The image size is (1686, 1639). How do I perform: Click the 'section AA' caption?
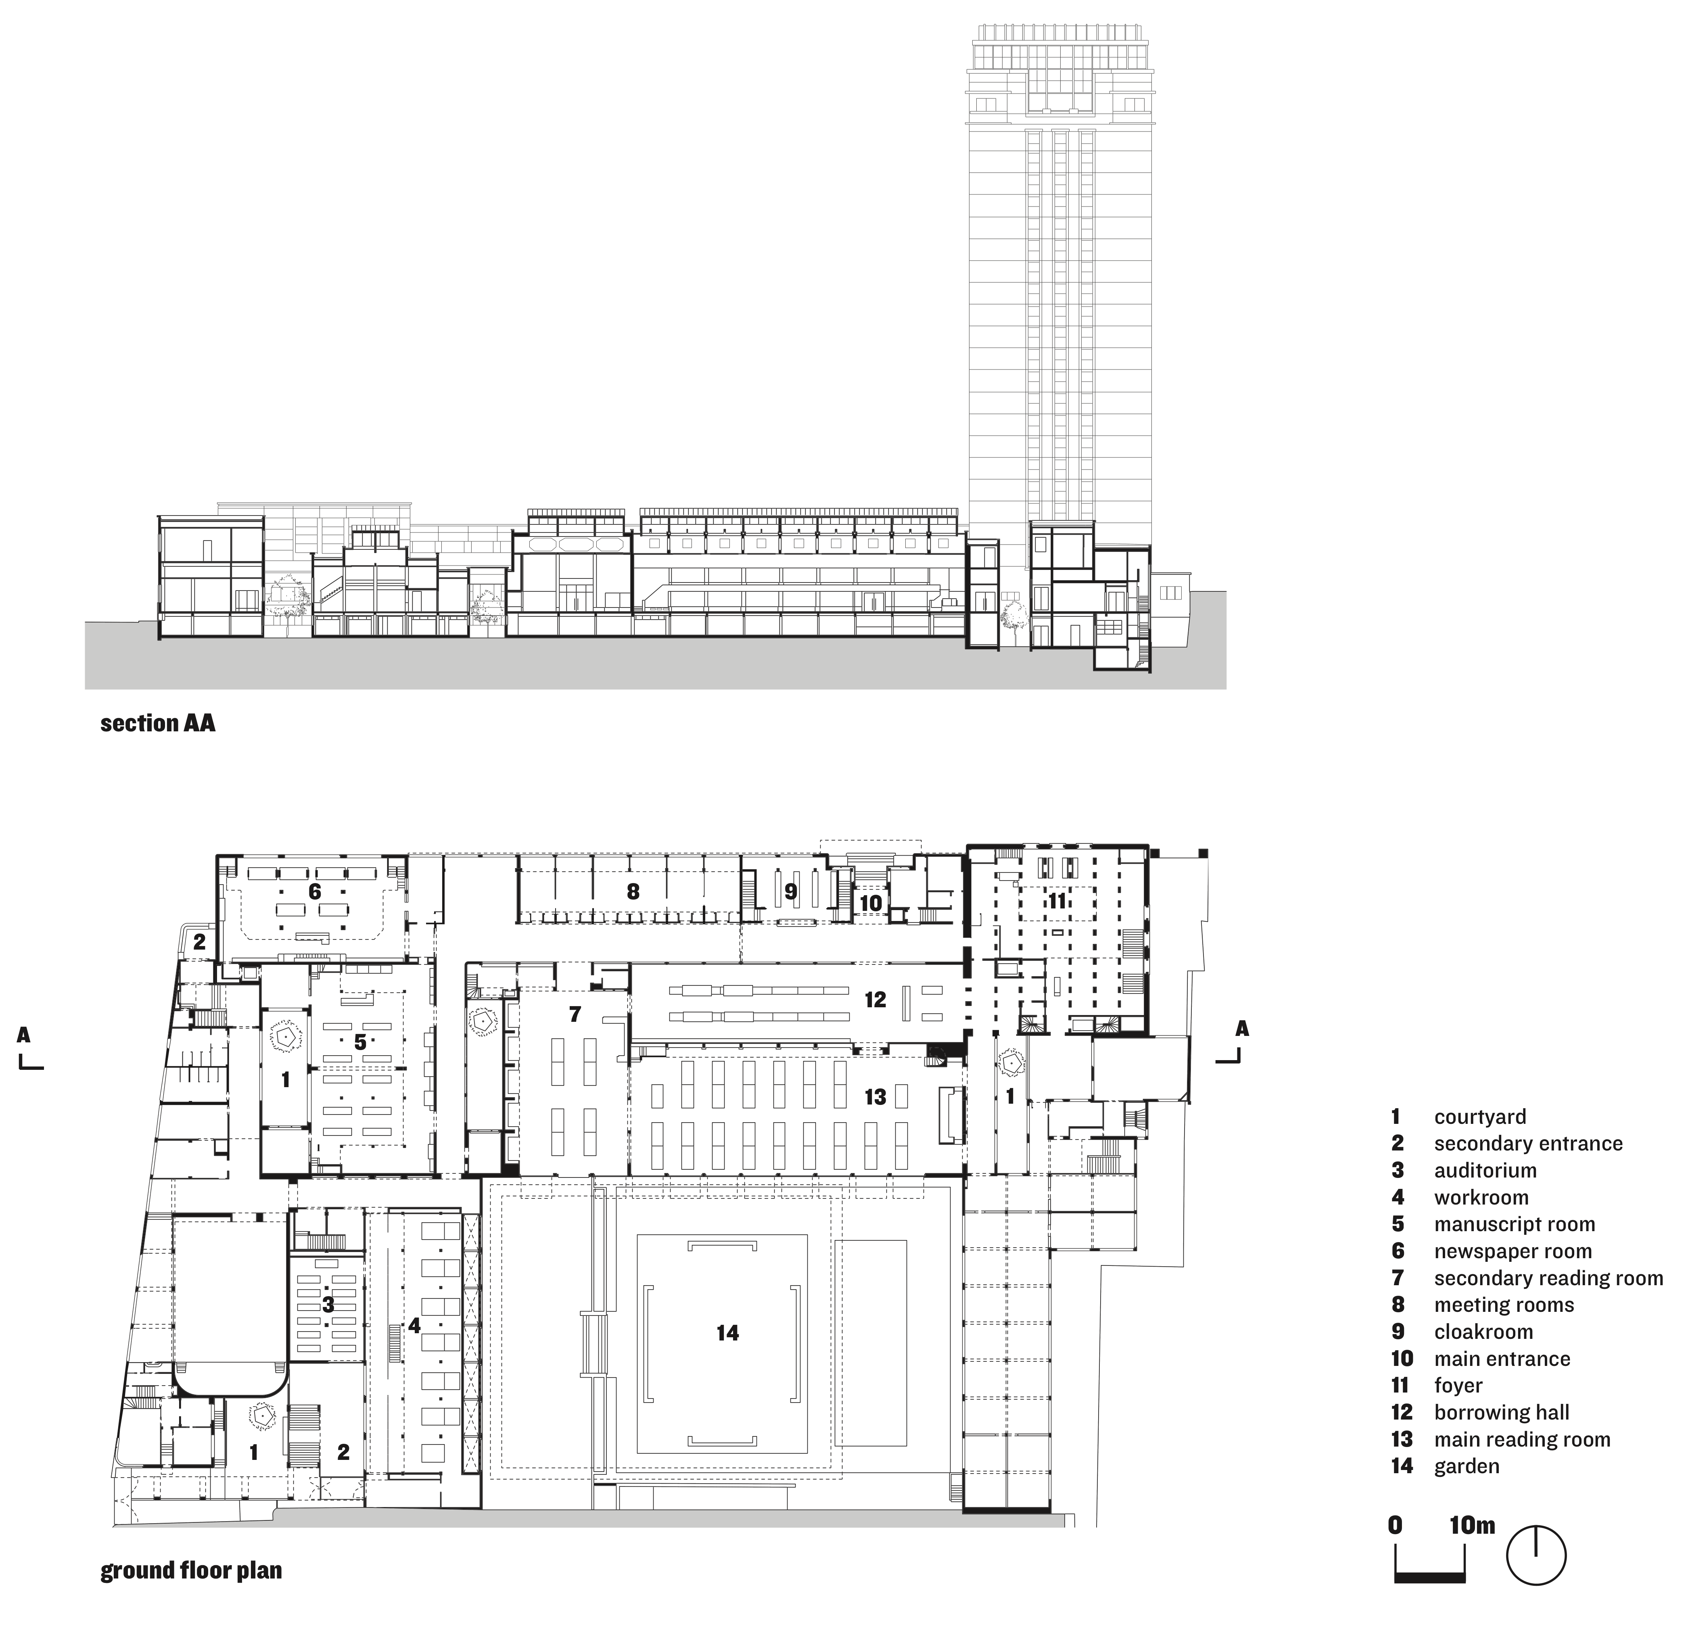158,723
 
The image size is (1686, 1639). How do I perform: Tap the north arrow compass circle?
1536,1580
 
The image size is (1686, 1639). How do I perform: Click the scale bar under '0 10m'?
1429,1577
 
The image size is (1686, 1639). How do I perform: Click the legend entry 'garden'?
1467,1466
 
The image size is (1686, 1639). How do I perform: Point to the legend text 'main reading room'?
1521,1439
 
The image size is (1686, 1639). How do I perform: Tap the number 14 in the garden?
728,1332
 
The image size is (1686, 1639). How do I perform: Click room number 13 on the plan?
875,1097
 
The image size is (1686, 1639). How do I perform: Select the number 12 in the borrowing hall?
875,999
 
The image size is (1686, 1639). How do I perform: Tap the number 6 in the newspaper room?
314,892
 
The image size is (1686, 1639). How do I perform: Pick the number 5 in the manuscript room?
360,1042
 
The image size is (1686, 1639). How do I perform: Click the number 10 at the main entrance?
871,903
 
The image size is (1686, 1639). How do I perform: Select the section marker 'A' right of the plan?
1242,1029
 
